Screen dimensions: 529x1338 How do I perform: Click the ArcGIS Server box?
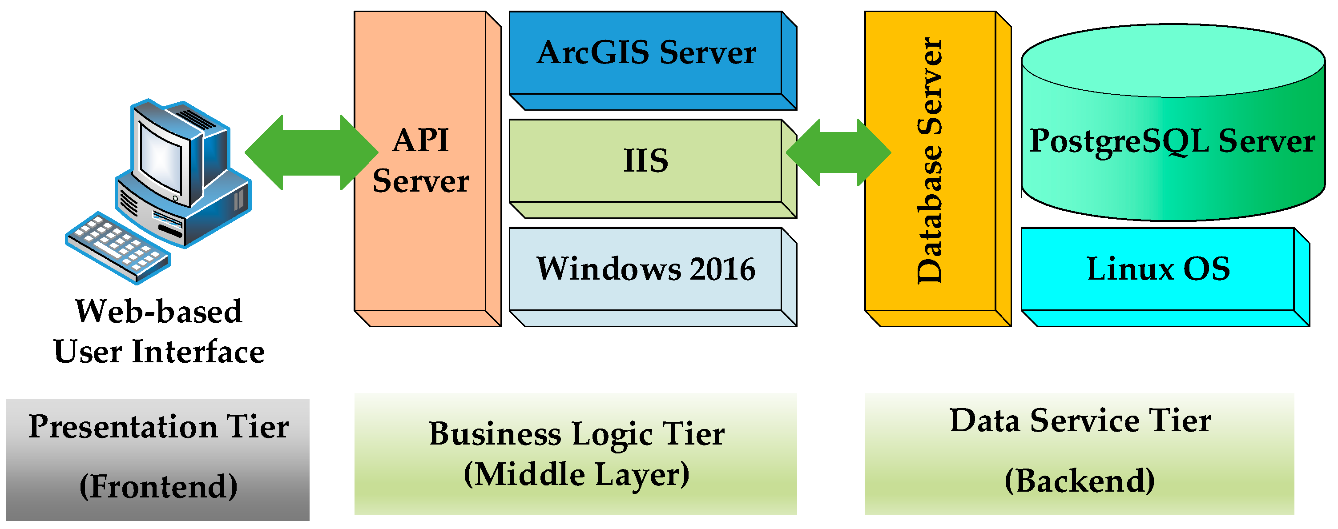645,53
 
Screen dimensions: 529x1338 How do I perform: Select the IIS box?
645,160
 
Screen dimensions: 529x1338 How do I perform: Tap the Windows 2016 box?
645,269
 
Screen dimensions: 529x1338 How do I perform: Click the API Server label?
421,161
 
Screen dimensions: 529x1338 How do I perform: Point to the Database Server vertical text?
930,161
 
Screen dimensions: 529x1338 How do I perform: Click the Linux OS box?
1158,269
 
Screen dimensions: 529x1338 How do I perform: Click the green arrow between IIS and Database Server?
838,152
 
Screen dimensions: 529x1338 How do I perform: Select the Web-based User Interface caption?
159,332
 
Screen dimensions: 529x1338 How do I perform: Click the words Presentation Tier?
158,427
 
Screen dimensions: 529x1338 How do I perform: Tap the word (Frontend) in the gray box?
158,486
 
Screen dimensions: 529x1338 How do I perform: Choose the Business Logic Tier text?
576,434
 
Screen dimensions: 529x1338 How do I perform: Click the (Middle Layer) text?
576,474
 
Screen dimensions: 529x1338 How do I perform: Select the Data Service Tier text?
1080,421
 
